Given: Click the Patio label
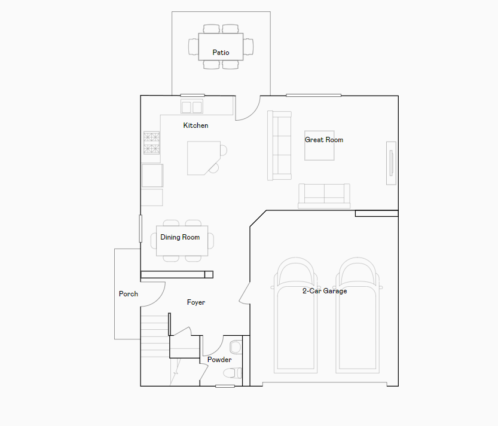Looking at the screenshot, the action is [221, 53].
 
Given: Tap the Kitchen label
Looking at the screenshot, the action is [195, 125].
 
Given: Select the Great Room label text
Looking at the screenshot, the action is [324, 140].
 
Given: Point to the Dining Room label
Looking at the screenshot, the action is [180, 237].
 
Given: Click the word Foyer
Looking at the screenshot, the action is [196, 302].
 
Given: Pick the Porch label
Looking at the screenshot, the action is [129, 294].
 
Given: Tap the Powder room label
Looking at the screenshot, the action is [219, 360].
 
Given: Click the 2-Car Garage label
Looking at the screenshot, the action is [325, 291].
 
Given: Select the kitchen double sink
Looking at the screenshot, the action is [192, 106].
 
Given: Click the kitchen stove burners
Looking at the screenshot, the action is [151, 143].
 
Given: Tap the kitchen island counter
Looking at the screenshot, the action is [204, 158].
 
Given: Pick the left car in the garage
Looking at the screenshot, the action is [295, 315].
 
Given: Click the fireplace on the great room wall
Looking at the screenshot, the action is [391, 163].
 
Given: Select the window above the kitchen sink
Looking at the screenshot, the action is [193, 95].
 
